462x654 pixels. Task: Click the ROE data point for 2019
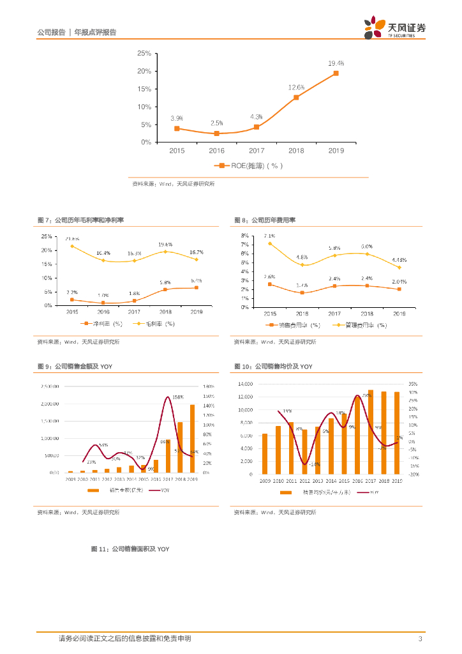click(x=336, y=73)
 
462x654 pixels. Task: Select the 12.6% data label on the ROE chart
click(x=296, y=87)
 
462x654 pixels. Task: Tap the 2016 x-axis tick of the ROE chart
click(x=217, y=151)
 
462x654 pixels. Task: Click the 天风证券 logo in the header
click(x=395, y=29)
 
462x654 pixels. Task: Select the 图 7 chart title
click(x=81, y=220)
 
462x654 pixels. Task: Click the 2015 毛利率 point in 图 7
click(x=72, y=246)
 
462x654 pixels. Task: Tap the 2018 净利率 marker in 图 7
click(x=165, y=289)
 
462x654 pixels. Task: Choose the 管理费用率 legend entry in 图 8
click(x=361, y=324)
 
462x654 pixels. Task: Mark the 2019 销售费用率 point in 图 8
click(x=399, y=289)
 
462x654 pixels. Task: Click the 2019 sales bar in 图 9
click(x=192, y=438)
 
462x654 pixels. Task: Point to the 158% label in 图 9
click(x=178, y=397)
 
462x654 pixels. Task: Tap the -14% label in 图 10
click(x=315, y=464)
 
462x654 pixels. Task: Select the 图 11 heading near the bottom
click(x=131, y=549)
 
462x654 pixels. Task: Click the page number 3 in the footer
click(x=420, y=639)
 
